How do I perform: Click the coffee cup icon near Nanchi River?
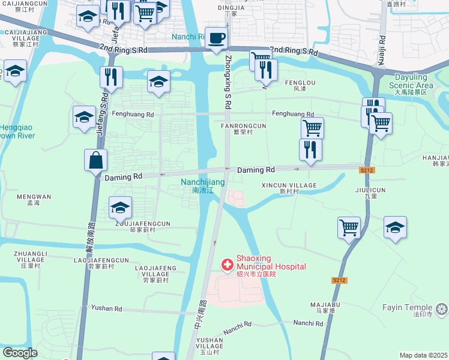click(216, 38)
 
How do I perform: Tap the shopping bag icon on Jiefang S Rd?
click(96, 161)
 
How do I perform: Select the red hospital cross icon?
click(228, 263)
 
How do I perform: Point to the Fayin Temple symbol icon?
click(442, 309)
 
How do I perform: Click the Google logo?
click(20, 353)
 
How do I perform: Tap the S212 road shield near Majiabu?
click(339, 280)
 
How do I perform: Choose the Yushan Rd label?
click(106, 308)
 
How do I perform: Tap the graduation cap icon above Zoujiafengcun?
click(121, 208)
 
